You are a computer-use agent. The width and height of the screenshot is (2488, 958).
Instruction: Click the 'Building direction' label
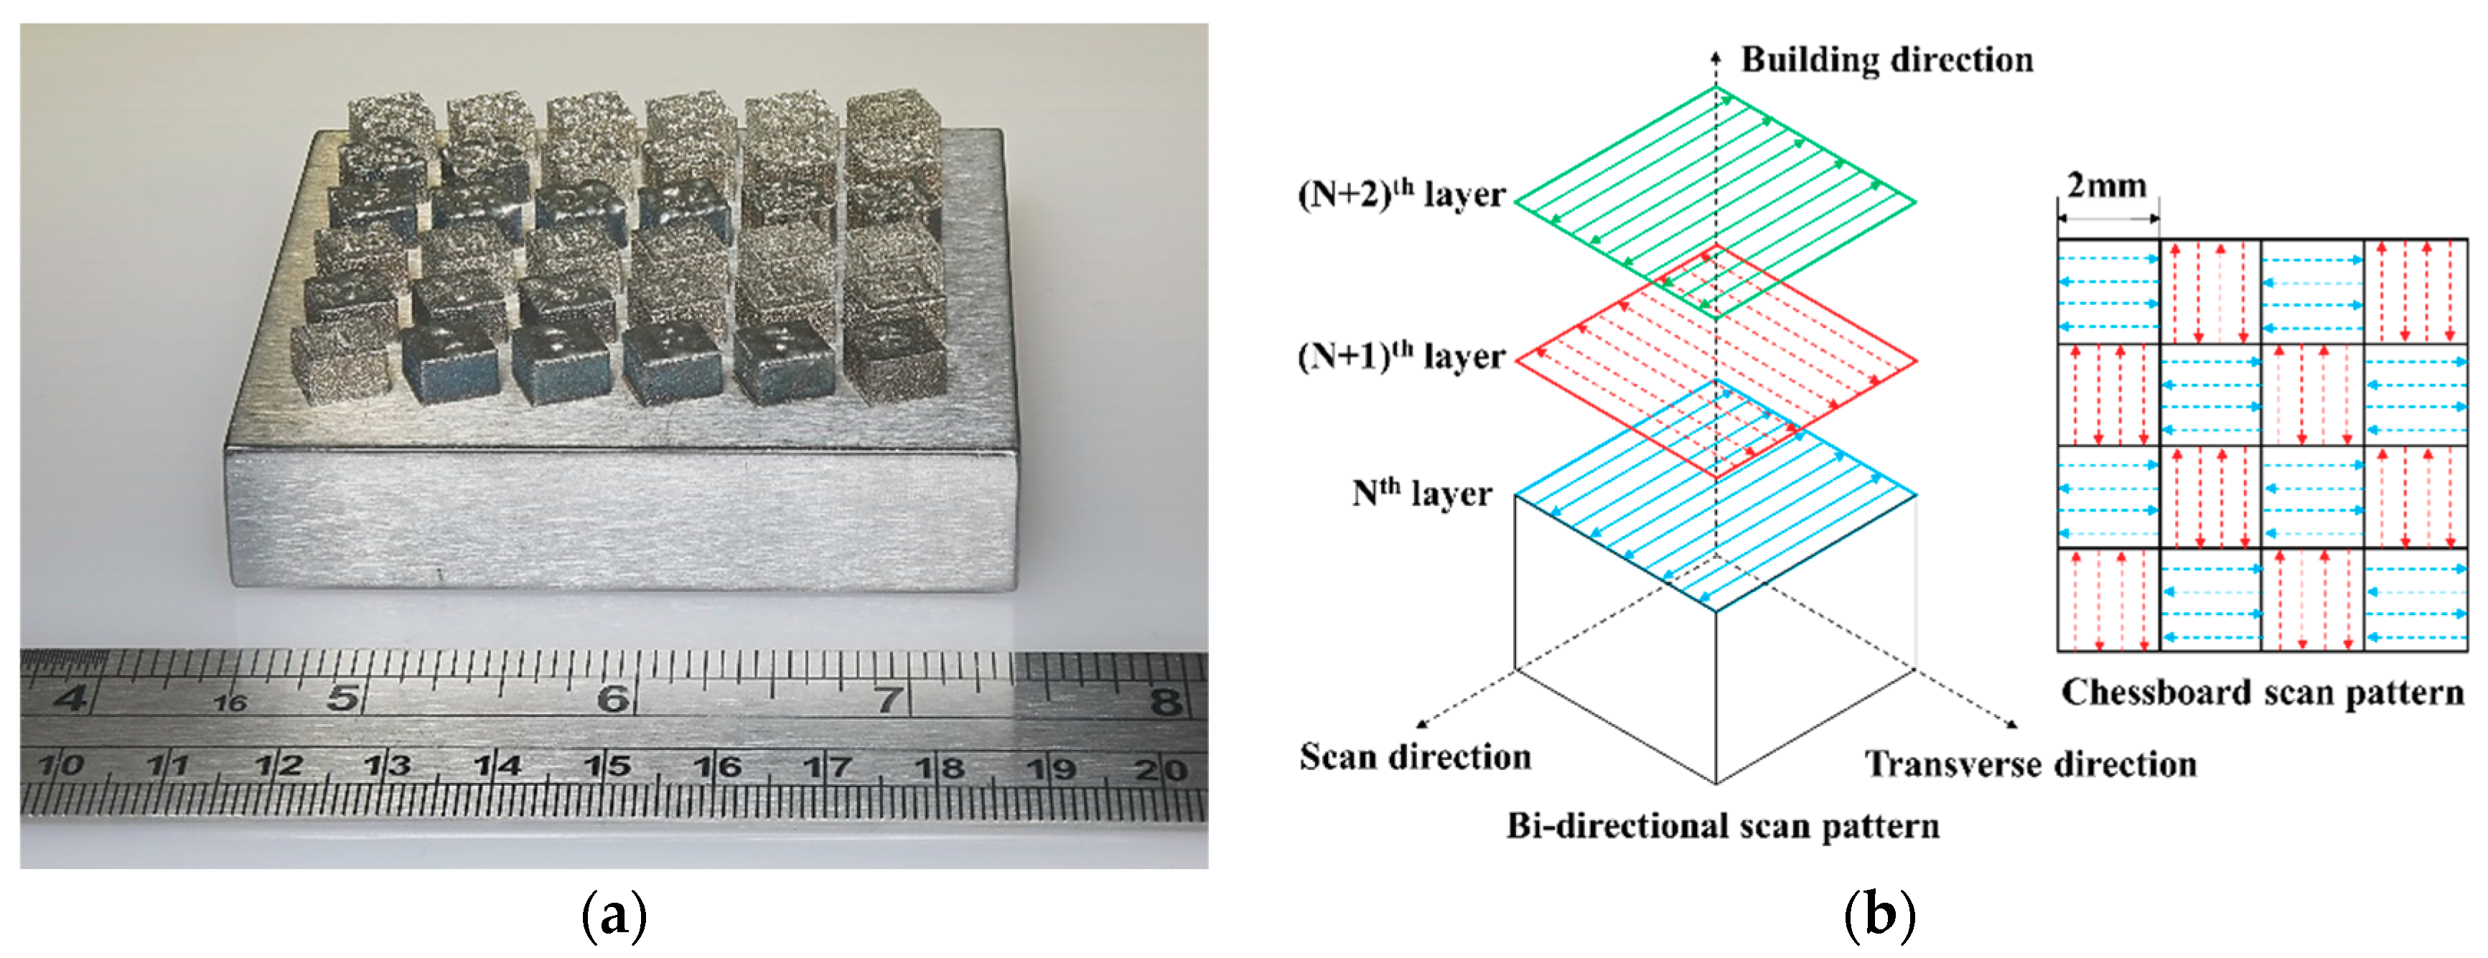(x=1886, y=60)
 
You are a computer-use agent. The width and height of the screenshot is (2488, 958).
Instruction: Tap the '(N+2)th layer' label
(x=1400, y=194)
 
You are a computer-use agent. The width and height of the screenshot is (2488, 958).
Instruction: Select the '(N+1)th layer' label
(x=1400, y=357)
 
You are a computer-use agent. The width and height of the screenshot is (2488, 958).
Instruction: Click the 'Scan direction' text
(x=1415, y=756)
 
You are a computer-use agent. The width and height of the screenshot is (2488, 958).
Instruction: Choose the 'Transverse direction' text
(x=2030, y=764)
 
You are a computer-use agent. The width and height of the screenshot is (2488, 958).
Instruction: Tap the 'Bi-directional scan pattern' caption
(x=1722, y=826)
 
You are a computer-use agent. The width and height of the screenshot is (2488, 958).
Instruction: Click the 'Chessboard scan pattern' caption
(x=2262, y=692)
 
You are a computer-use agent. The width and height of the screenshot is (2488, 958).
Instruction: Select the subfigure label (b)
(x=1879, y=916)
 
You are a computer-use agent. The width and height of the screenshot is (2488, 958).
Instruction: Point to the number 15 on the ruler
(x=607, y=767)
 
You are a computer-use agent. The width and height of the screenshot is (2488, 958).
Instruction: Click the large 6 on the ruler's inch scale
(x=612, y=698)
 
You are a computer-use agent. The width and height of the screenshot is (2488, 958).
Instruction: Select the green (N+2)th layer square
(x=1716, y=202)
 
